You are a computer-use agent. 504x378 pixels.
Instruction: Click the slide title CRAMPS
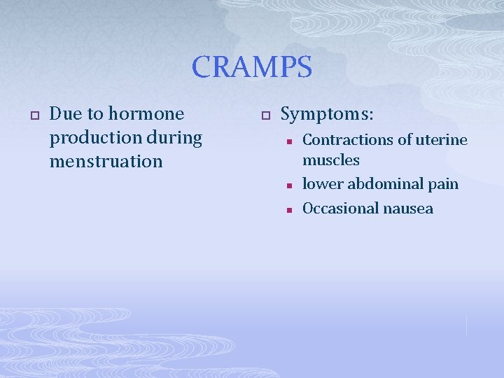pos(252,67)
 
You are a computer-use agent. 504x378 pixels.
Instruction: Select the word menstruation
pos(106,161)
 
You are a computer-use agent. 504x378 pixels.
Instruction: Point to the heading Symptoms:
pos(327,113)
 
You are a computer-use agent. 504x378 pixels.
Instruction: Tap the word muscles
pos(330,160)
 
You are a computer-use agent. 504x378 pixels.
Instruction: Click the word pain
pos(444,184)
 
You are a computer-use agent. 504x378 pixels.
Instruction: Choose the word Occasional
pos(340,209)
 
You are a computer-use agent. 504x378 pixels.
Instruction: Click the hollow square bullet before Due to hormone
pos(31,114)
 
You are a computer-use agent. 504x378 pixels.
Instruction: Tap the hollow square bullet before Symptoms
pos(265,114)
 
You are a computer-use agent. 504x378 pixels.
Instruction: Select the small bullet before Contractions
pos(288,141)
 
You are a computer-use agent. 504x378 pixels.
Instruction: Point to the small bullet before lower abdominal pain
pos(288,185)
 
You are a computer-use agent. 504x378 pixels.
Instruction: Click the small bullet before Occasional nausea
pos(288,209)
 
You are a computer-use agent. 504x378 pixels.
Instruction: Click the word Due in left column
pos(65,113)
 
